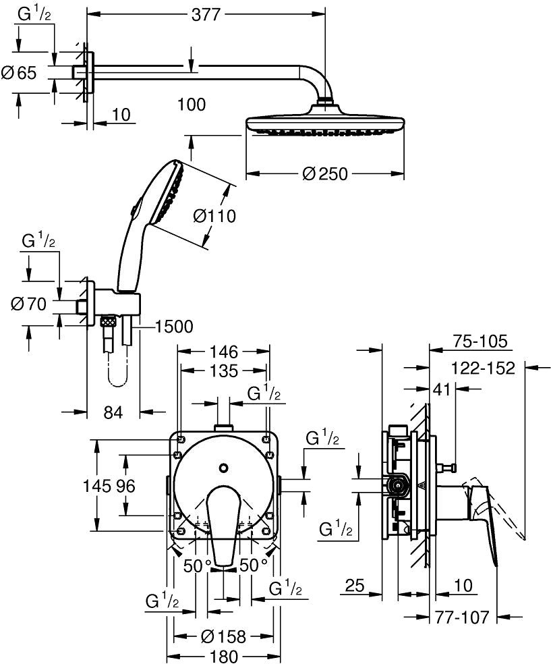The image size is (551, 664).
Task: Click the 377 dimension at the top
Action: [x=206, y=15]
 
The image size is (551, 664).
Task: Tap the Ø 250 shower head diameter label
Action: [x=325, y=173]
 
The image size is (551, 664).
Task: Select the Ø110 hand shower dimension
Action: [x=214, y=216]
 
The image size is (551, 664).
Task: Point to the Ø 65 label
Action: [x=19, y=73]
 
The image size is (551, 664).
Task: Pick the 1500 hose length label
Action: [x=174, y=327]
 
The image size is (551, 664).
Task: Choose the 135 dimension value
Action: [x=224, y=370]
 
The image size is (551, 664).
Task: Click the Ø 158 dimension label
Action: [x=223, y=636]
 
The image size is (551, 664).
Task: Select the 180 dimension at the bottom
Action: [x=223, y=656]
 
